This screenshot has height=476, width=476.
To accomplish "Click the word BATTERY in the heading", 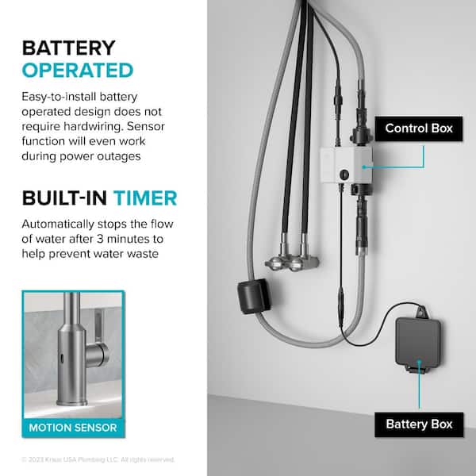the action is pyautogui.click(x=68, y=48).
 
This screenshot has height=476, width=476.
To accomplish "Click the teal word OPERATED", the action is pyautogui.click(x=78, y=71).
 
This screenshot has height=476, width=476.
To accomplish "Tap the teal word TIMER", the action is pyautogui.click(x=145, y=198).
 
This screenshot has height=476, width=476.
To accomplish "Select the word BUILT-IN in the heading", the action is pyautogui.click(x=64, y=198).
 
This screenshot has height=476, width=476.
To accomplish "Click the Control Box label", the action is pyautogui.click(x=419, y=129).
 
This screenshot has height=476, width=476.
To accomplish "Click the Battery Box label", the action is pyautogui.click(x=419, y=424).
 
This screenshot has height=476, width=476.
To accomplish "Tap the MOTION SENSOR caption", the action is pyautogui.click(x=73, y=428).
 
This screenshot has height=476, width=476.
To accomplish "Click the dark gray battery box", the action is pyautogui.click(x=418, y=343).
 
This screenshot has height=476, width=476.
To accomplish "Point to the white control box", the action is pyautogui.click(x=347, y=165).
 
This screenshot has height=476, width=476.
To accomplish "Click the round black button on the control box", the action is pyautogui.click(x=344, y=175).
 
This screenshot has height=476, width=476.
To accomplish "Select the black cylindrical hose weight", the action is pyautogui.click(x=253, y=296).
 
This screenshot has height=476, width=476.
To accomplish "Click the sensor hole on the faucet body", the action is pyautogui.click(x=62, y=359).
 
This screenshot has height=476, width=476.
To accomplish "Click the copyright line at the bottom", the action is pyautogui.click(x=98, y=459).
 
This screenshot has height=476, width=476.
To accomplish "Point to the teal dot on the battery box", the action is pyautogui.click(x=419, y=362).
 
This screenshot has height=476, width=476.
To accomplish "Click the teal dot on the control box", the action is pyautogui.click(x=363, y=167).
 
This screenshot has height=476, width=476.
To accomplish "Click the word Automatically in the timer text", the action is pyautogui.click(x=58, y=225).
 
